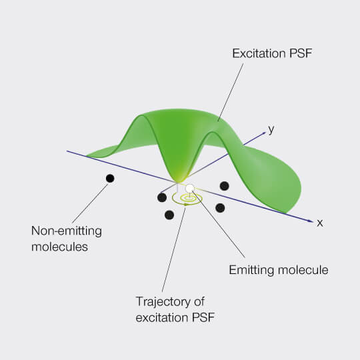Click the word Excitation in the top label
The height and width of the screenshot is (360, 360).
259,53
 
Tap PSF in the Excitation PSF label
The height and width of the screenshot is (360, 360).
301,53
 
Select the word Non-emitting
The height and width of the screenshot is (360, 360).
67,231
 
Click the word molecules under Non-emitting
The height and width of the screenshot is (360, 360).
60,247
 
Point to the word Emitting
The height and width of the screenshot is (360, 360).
251,270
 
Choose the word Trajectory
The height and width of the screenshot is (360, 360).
163,301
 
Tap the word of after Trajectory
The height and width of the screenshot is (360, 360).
199,301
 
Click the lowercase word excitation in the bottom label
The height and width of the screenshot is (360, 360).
162,317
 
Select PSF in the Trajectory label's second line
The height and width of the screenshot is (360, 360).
203,317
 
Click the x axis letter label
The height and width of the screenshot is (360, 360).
320,223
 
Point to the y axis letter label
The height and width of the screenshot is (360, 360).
271,130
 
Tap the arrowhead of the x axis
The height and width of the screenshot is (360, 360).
311,221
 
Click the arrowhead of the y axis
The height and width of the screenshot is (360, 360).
263,133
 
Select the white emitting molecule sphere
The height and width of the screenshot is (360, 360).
190,188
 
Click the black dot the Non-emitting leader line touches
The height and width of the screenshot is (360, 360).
110,179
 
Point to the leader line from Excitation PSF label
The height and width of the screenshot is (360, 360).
231,92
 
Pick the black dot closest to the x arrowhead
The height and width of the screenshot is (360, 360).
220,208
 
